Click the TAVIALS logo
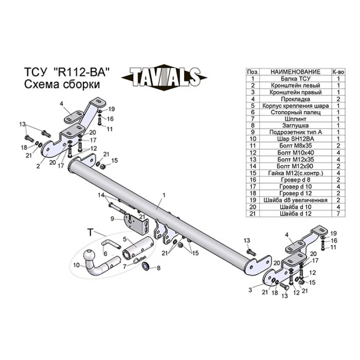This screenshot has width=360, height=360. (164, 77)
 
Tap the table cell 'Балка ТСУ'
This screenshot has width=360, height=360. (296, 79)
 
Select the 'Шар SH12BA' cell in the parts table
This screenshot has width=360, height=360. (296, 139)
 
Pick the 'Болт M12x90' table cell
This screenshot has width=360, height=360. (296, 166)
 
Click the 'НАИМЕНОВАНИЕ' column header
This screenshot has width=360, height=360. (296, 72)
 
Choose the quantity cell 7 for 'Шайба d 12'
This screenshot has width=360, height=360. (338, 213)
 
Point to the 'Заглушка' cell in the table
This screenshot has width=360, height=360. (296, 126)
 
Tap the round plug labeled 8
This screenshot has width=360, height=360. (145, 266)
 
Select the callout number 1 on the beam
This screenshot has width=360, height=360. (164, 195)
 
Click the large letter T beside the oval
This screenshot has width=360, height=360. (90, 232)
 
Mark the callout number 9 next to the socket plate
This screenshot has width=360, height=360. (112, 218)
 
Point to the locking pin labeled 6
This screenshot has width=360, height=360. (111, 244)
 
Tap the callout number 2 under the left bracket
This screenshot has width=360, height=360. (38, 166)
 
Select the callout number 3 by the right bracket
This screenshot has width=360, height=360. (250, 290)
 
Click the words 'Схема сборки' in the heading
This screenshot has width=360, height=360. (62, 84)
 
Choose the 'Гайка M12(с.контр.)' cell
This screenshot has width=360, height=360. (296, 173)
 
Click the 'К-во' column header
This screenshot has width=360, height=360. (338, 72)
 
